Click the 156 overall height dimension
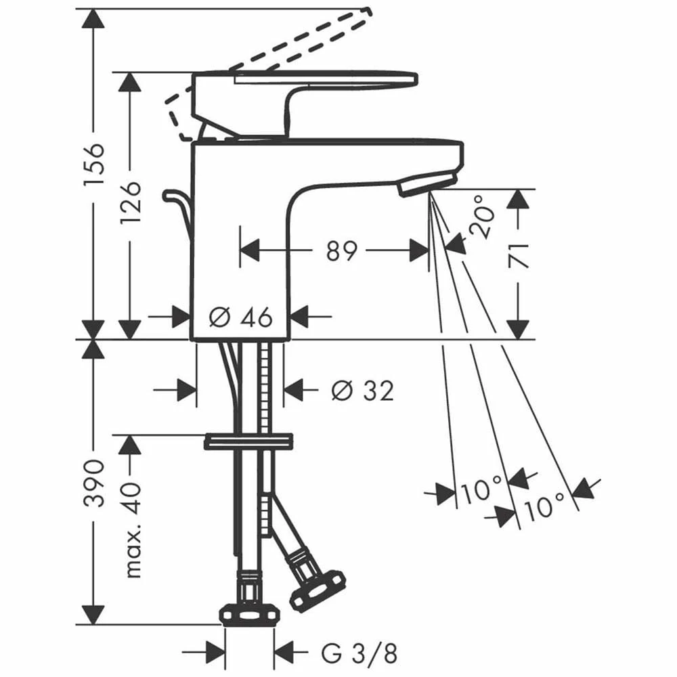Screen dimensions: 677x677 94,164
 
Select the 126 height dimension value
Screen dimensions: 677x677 130,202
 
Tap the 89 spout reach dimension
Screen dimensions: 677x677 342,250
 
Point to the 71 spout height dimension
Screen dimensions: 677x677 519,256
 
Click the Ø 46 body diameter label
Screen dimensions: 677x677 240,317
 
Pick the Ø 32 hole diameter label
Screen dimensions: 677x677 363,391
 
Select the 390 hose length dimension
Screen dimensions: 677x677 94,483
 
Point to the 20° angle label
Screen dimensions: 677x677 481,216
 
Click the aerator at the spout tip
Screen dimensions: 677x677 427,183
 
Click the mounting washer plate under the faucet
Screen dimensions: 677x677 248,441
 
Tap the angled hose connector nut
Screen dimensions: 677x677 318,590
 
